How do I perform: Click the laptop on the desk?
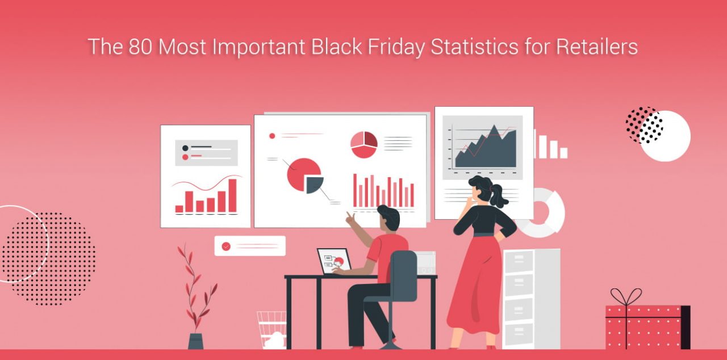(x=334, y=261)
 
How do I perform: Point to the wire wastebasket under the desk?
(x=271, y=329)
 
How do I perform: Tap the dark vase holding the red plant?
(x=195, y=341)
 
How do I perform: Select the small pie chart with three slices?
(x=363, y=144)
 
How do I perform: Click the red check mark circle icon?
(x=226, y=246)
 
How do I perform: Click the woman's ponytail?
(x=499, y=198)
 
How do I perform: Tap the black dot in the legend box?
(x=185, y=148)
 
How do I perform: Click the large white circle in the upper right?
(x=666, y=136)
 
